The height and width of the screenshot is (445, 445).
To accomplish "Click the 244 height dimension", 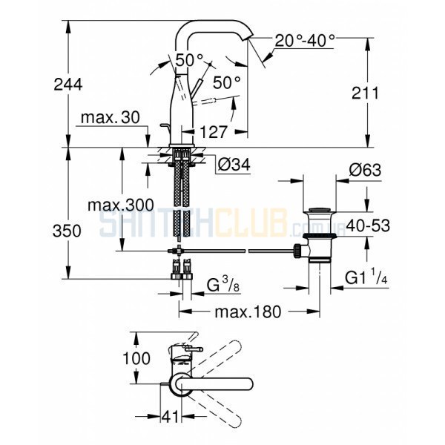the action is [x=68, y=85].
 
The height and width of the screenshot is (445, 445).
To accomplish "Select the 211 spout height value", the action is [x=365, y=93].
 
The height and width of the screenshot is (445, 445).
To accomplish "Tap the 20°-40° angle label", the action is [x=305, y=41].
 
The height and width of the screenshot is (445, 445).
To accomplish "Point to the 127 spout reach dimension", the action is [x=214, y=132].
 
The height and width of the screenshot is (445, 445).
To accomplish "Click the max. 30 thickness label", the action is [x=111, y=117].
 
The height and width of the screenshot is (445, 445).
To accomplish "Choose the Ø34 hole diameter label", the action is [x=234, y=165].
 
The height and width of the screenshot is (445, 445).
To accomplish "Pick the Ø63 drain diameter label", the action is [x=365, y=171].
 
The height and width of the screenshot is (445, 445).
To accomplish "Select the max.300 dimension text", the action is [x=121, y=205].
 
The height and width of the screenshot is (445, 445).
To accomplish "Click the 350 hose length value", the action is [x=67, y=231].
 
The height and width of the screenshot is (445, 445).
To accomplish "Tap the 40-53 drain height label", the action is [x=369, y=226].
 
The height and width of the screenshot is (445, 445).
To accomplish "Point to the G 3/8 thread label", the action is [x=223, y=285].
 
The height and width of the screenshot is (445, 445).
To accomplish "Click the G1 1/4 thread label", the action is [x=366, y=277].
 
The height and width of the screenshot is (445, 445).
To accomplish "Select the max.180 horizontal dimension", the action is [x=248, y=311].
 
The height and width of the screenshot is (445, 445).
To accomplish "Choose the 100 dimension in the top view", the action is [x=136, y=358].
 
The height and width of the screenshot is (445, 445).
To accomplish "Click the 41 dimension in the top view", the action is [x=171, y=417].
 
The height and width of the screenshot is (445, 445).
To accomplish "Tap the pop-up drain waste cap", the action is [x=320, y=211].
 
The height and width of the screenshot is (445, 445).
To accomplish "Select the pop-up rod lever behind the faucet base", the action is [x=167, y=131].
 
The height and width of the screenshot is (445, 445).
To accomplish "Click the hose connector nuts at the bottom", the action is [x=182, y=276].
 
